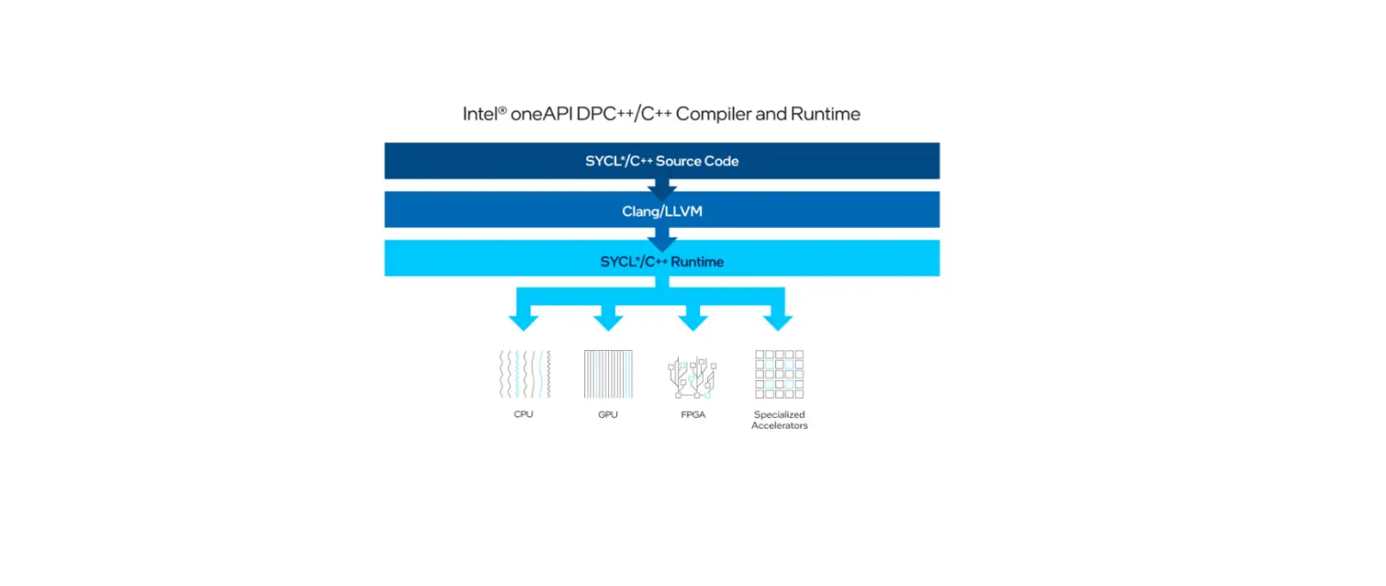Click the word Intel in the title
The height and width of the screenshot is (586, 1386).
click(480, 114)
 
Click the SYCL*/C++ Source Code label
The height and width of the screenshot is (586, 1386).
click(661, 161)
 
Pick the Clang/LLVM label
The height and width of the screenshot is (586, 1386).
click(661, 212)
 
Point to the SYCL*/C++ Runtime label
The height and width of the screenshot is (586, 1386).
click(661, 262)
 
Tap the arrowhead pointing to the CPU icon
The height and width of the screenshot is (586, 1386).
click(523, 320)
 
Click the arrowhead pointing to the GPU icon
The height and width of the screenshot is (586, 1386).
click(608, 320)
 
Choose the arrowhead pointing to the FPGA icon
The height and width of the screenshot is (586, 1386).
click(693, 320)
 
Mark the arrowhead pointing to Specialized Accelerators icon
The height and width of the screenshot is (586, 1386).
click(778, 320)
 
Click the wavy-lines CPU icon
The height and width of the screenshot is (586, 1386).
click(524, 374)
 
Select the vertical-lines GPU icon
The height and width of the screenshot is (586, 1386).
click(608, 374)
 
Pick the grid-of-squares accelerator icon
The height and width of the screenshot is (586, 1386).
click(779, 374)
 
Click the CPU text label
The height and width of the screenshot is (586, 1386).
click(523, 415)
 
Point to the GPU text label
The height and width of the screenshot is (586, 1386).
click(608, 415)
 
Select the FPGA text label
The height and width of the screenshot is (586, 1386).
click(693, 415)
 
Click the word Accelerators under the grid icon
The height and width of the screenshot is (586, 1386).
click(779, 426)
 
